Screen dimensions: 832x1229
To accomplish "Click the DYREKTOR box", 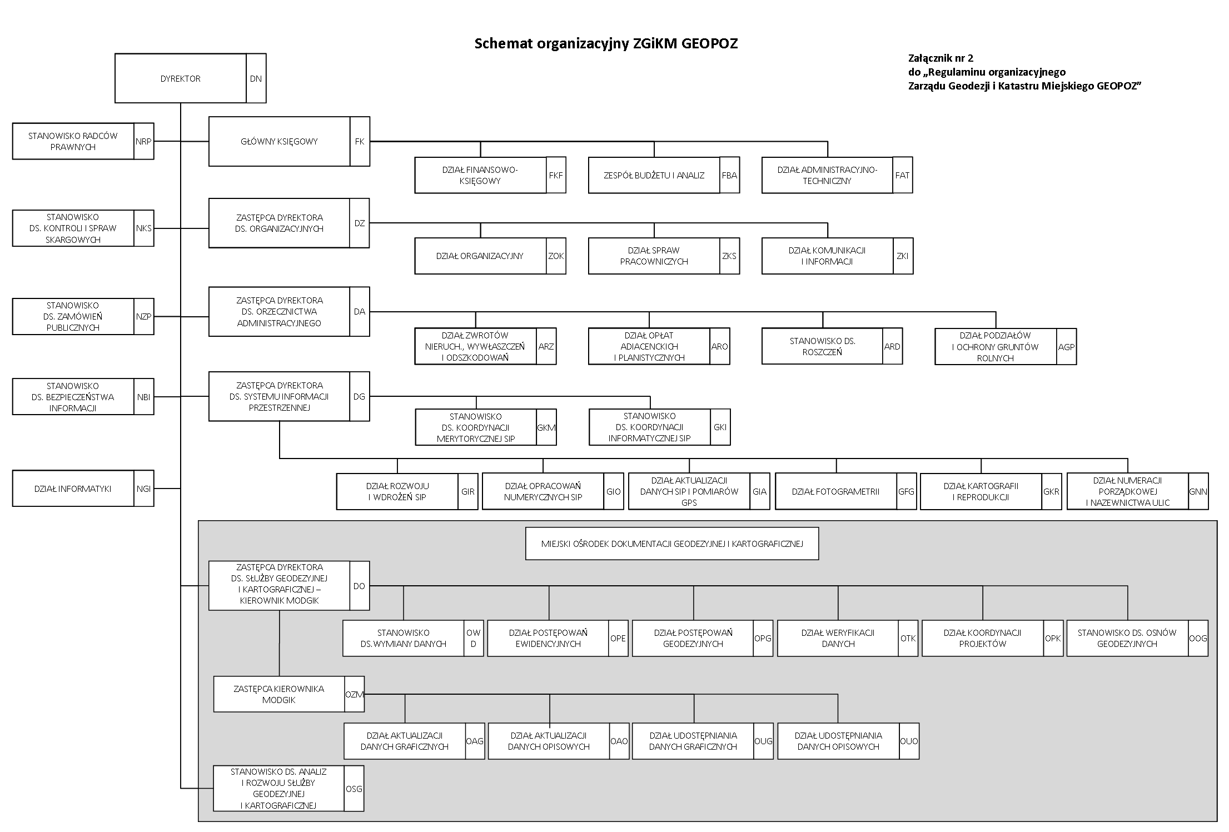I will (x=181, y=78).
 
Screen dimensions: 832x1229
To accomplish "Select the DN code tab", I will (x=256, y=78).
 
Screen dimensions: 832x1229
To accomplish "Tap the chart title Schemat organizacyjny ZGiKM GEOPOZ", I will (x=606, y=43).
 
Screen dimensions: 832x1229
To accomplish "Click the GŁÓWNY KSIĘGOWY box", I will (x=279, y=141).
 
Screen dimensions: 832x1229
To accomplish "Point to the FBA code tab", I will (x=729, y=175).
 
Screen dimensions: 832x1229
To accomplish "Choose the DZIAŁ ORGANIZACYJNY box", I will (x=480, y=256).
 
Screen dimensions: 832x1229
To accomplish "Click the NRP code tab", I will (x=143, y=141).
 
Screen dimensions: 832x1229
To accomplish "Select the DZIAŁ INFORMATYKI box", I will (x=73, y=489).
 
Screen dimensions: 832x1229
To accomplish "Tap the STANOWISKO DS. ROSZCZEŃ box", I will (x=822, y=346).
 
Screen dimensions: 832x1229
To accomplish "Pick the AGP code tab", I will (x=1066, y=346).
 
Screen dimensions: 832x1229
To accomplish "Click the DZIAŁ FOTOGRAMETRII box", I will (x=835, y=491).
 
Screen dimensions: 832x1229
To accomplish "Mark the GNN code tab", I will (x=1198, y=491).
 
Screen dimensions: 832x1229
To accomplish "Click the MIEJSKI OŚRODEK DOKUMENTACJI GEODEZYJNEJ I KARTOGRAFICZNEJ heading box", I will (x=671, y=544).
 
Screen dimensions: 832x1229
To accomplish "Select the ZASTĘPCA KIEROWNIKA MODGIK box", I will (x=278, y=694).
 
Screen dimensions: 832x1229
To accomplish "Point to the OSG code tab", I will (x=354, y=788).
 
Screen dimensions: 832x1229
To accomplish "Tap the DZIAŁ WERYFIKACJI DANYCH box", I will (x=838, y=638).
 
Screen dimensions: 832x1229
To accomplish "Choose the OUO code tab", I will (x=909, y=741).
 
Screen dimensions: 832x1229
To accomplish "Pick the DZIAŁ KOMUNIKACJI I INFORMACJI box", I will (x=827, y=256).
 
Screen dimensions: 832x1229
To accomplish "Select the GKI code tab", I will (x=720, y=427).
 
